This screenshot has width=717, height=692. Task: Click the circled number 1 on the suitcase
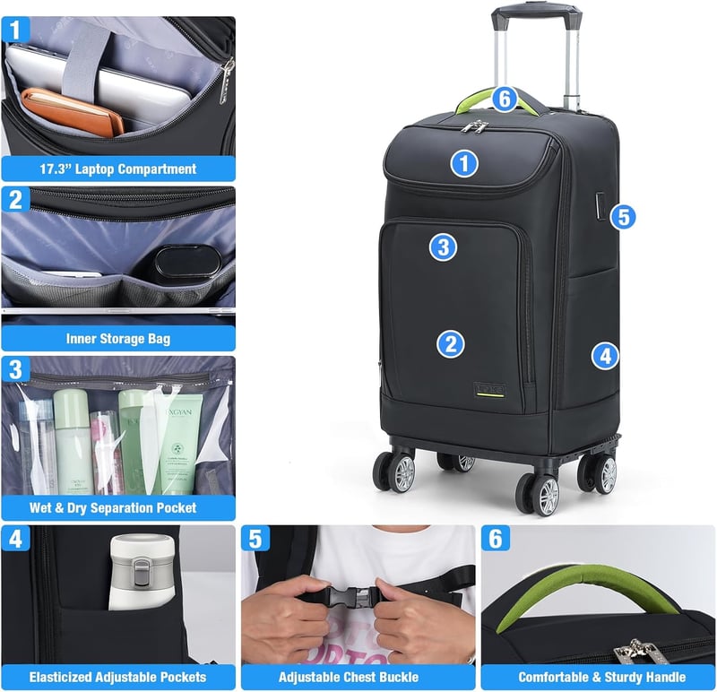click(464, 164)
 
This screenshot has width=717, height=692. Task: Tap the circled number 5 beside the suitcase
click(623, 217)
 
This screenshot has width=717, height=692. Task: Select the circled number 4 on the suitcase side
click(605, 356)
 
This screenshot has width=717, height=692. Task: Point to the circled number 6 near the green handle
click(505, 99)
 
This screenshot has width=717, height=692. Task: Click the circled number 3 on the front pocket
click(443, 247)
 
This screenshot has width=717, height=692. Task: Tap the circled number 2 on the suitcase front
click(451, 344)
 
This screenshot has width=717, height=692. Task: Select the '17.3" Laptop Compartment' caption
click(118, 169)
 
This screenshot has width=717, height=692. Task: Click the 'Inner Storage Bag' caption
click(118, 339)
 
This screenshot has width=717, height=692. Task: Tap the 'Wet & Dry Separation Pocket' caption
click(113, 507)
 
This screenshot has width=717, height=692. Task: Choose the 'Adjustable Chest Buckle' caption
click(349, 677)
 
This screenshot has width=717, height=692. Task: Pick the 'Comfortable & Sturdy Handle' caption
click(601, 677)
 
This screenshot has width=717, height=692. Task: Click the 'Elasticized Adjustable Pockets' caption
click(118, 677)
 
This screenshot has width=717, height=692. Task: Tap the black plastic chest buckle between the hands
click(352, 596)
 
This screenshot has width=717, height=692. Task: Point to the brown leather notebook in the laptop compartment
click(73, 112)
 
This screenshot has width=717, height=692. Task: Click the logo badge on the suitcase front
click(489, 390)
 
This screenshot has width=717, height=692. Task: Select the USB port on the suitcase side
click(600, 206)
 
